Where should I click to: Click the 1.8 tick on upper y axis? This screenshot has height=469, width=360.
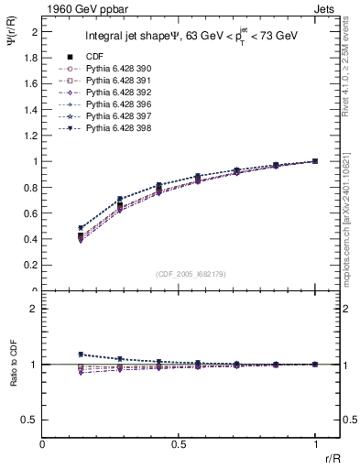[30, 58]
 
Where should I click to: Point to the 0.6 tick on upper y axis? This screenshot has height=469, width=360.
[30, 213]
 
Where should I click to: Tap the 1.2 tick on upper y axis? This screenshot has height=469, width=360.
[30, 136]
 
